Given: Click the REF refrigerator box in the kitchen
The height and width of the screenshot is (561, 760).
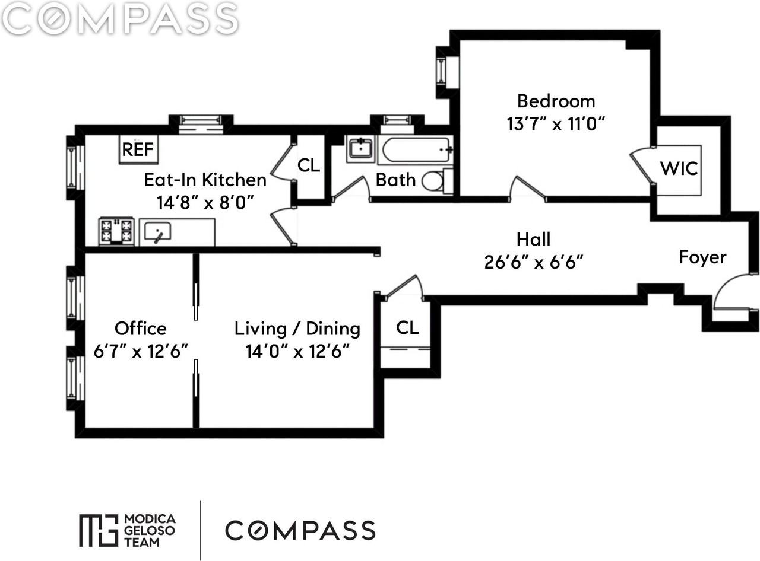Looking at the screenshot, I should [138, 149].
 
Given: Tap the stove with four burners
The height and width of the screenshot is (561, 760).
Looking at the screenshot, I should [116, 231].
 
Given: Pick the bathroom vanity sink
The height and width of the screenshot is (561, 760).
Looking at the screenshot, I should [360, 148].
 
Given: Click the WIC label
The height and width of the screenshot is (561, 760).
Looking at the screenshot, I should [680, 168].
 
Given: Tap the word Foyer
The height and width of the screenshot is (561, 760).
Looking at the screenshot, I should [702, 257].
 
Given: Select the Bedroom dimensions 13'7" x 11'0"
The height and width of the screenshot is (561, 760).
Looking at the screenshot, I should [555, 124].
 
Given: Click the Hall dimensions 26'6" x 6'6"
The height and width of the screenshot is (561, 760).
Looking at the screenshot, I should [533, 262].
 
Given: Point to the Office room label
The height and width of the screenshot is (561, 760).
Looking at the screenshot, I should [141, 328].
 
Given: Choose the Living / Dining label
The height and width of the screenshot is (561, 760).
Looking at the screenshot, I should [297, 329].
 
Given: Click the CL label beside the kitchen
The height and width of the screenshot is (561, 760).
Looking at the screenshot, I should [308, 165].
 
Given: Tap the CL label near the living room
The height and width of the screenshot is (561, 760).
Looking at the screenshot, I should [407, 327].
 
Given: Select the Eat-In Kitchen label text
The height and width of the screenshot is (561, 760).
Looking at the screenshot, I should [205, 180].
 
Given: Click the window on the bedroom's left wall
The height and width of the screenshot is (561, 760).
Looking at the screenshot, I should [442, 71].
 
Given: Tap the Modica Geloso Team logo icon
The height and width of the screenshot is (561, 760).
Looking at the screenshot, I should [98, 530].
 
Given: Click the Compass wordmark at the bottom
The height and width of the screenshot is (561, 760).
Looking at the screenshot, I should [300, 530].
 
